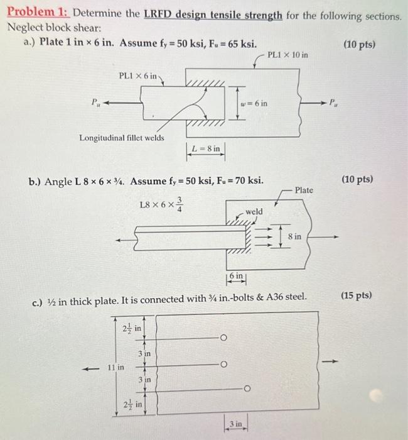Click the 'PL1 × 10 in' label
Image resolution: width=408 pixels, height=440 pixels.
(x=287, y=55)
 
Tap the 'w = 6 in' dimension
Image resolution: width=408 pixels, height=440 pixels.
(x=254, y=102)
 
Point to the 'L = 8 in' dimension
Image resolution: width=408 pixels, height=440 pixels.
(x=207, y=148)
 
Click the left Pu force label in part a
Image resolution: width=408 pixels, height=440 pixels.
(x=95, y=102)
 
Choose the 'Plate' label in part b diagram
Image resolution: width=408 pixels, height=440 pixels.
(x=304, y=190)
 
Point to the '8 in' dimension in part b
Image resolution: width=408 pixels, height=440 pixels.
(x=294, y=235)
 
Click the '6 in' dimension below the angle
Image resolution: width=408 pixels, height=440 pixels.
(x=235, y=277)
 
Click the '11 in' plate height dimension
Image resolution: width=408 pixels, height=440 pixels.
(x=117, y=366)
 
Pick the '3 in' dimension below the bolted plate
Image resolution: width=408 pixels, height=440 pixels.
(x=236, y=423)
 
